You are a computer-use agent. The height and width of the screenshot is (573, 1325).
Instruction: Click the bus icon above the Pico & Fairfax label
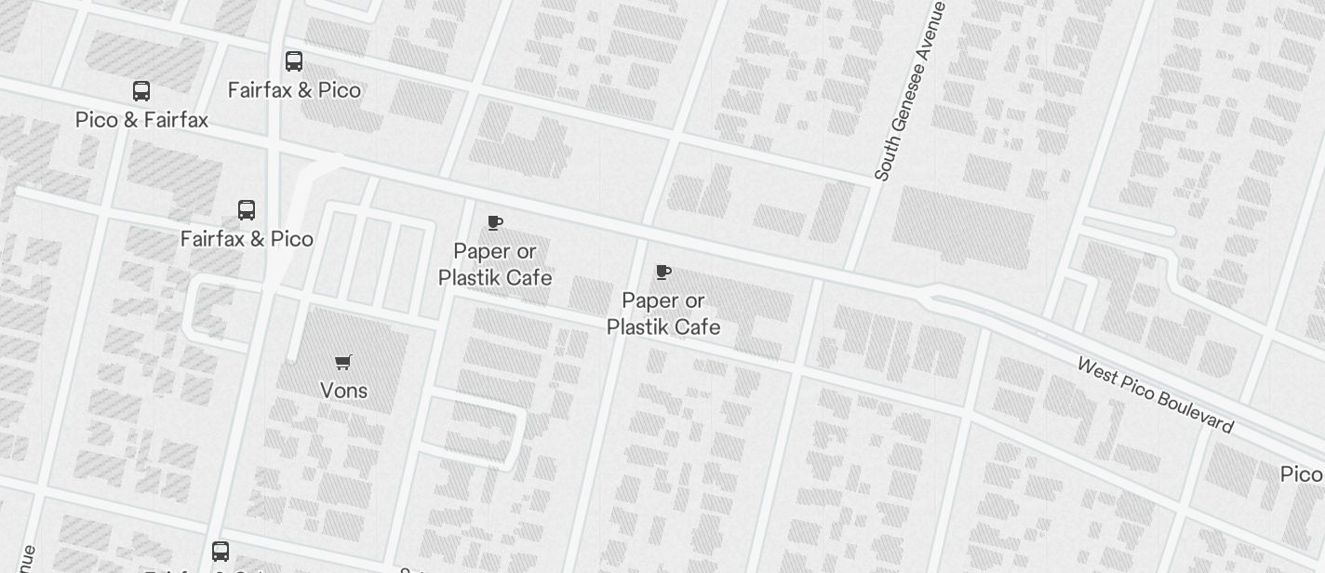point(141,91)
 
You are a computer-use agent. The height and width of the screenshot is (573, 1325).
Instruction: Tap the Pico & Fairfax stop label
point(141,120)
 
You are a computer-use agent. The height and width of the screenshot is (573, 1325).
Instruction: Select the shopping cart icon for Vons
point(343,362)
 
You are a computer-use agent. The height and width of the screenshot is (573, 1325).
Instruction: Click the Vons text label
point(343,391)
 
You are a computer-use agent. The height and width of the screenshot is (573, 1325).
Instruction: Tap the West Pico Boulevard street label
point(1155,394)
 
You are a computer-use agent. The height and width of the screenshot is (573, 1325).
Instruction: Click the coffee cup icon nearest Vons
point(495,223)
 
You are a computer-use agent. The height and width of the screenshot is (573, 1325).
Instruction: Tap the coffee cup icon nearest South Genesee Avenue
point(663,273)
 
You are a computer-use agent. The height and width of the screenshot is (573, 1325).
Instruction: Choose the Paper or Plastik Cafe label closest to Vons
point(495,264)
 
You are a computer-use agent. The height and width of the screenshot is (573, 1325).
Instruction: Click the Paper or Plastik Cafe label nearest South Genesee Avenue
point(663,313)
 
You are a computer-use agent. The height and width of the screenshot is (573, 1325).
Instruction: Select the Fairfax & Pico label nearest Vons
point(247,239)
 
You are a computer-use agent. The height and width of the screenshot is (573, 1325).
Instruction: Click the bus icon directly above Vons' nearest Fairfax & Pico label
point(247,210)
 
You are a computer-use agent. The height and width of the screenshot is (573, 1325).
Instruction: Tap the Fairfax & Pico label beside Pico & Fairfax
point(294,90)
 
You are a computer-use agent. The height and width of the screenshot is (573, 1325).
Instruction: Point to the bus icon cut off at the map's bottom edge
point(221,552)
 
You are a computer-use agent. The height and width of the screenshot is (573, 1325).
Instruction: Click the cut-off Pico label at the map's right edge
point(1302,474)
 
